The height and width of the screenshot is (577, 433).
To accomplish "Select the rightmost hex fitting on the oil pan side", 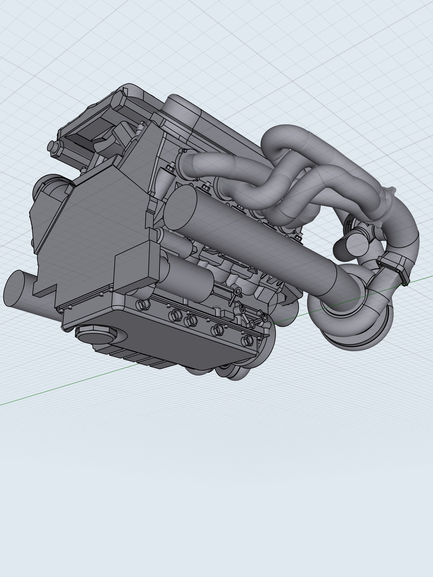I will (248, 340).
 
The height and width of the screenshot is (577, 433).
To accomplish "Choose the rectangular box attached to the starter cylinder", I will (136, 269).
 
